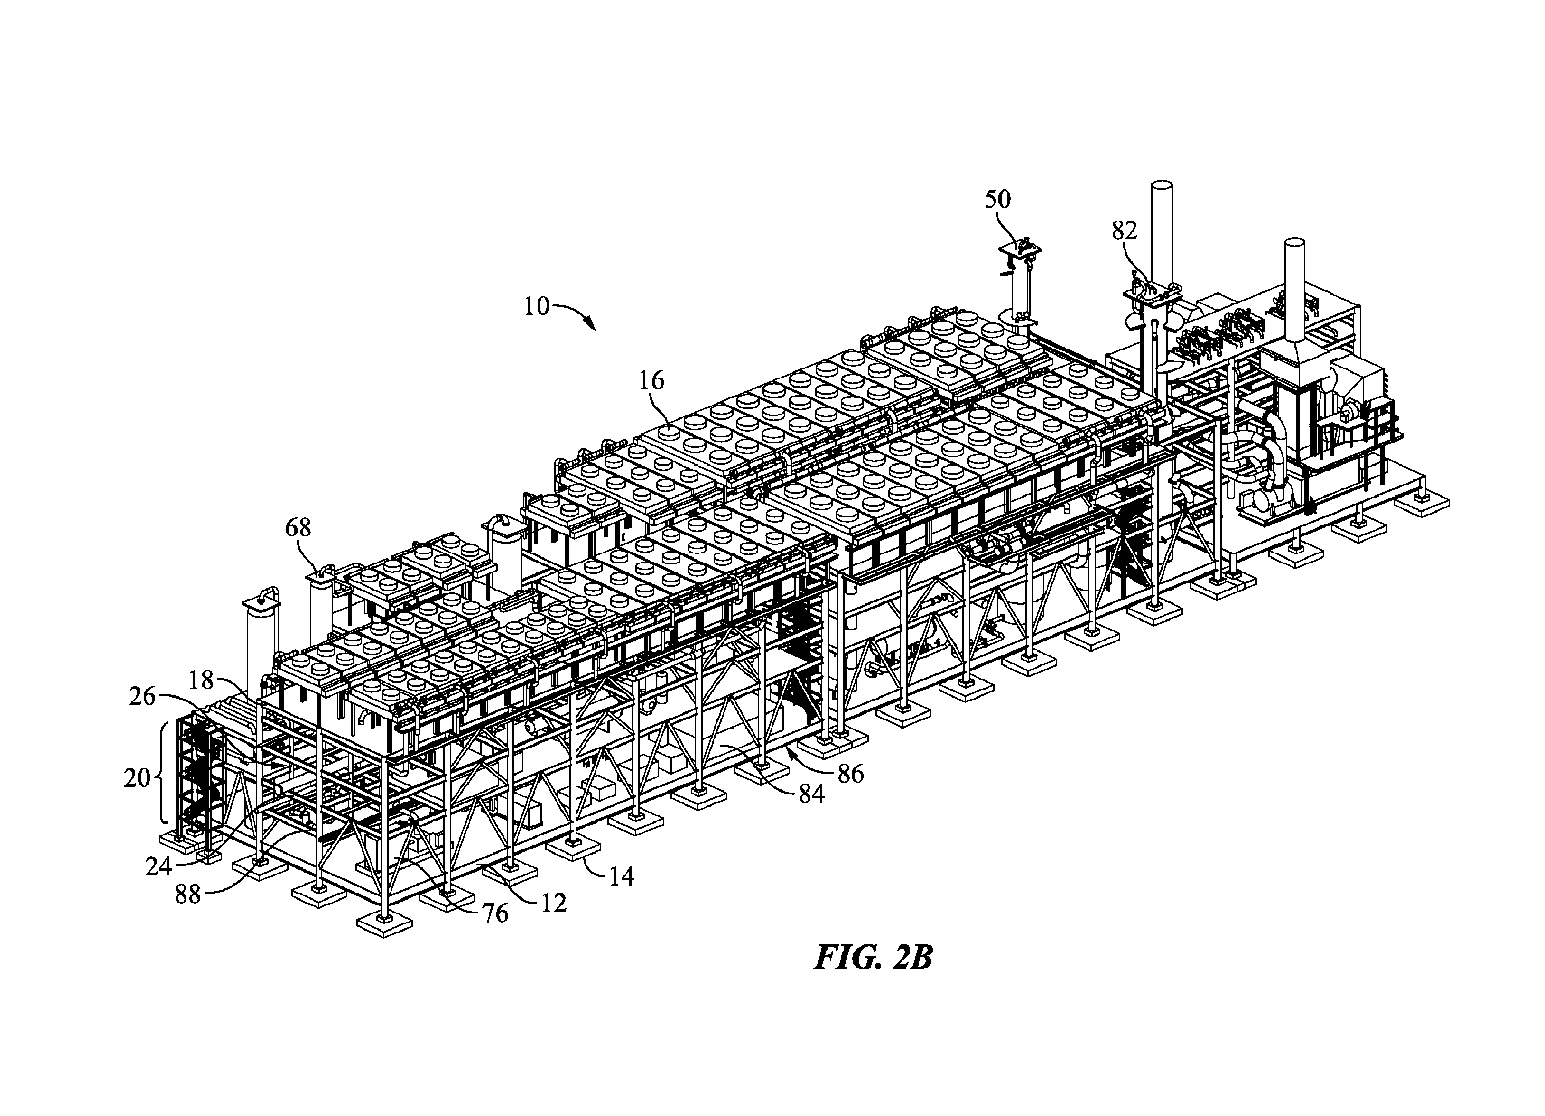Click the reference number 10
[537, 306]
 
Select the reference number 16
[651, 380]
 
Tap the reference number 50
[998, 199]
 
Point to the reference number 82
[1124, 231]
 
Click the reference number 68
[298, 528]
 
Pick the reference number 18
[201, 679]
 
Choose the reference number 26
[143, 696]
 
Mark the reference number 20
[136, 778]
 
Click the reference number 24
[158, 866]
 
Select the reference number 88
[188, 894]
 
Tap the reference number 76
[495, 913]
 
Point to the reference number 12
[554, 904]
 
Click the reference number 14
[621, 876]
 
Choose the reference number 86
[851, 773]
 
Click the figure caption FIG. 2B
[873, 957]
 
